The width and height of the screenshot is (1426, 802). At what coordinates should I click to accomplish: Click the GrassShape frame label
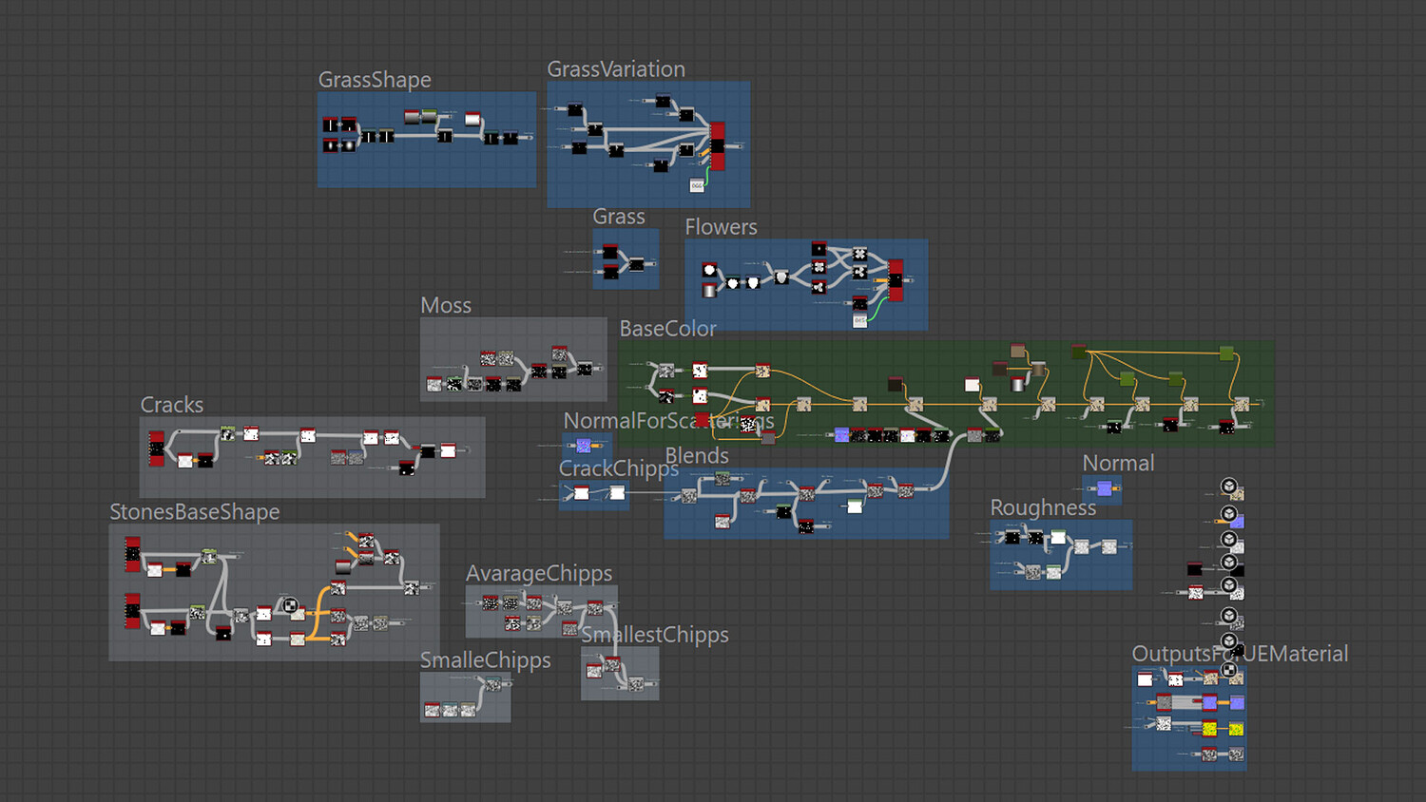(375, 80)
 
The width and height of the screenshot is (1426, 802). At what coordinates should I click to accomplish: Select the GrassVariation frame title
(616, 69)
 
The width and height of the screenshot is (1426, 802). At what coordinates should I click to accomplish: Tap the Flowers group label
(721, 227)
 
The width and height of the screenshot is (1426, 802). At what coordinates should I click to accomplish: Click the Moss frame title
(446, 305)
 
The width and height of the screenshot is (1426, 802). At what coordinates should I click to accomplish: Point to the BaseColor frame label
(667, 329)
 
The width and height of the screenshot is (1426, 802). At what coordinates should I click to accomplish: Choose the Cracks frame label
(172, 405)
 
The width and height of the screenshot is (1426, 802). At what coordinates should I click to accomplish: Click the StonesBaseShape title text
(195, 512)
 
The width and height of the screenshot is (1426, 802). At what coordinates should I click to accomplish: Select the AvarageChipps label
(539, 574)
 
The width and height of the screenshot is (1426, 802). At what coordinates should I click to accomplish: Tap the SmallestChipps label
(655, 635)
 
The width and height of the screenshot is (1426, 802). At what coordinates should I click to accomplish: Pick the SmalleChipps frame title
(486, 660)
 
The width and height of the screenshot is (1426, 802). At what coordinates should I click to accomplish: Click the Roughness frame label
(1043, 507)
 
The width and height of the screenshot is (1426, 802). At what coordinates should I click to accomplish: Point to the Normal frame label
(1118, 464)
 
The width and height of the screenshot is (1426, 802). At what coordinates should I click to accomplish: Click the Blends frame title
(697, 456)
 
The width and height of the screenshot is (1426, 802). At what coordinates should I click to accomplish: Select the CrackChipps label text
(618, 468)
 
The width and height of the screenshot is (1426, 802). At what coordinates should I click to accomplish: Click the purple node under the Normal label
(1105, 488)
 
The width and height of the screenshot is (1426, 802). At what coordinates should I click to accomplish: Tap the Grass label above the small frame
(619, 217)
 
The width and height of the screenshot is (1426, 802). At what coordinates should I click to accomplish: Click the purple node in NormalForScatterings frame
(584, 445)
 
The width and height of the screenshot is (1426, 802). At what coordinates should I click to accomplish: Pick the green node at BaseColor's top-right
(1226, 353)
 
